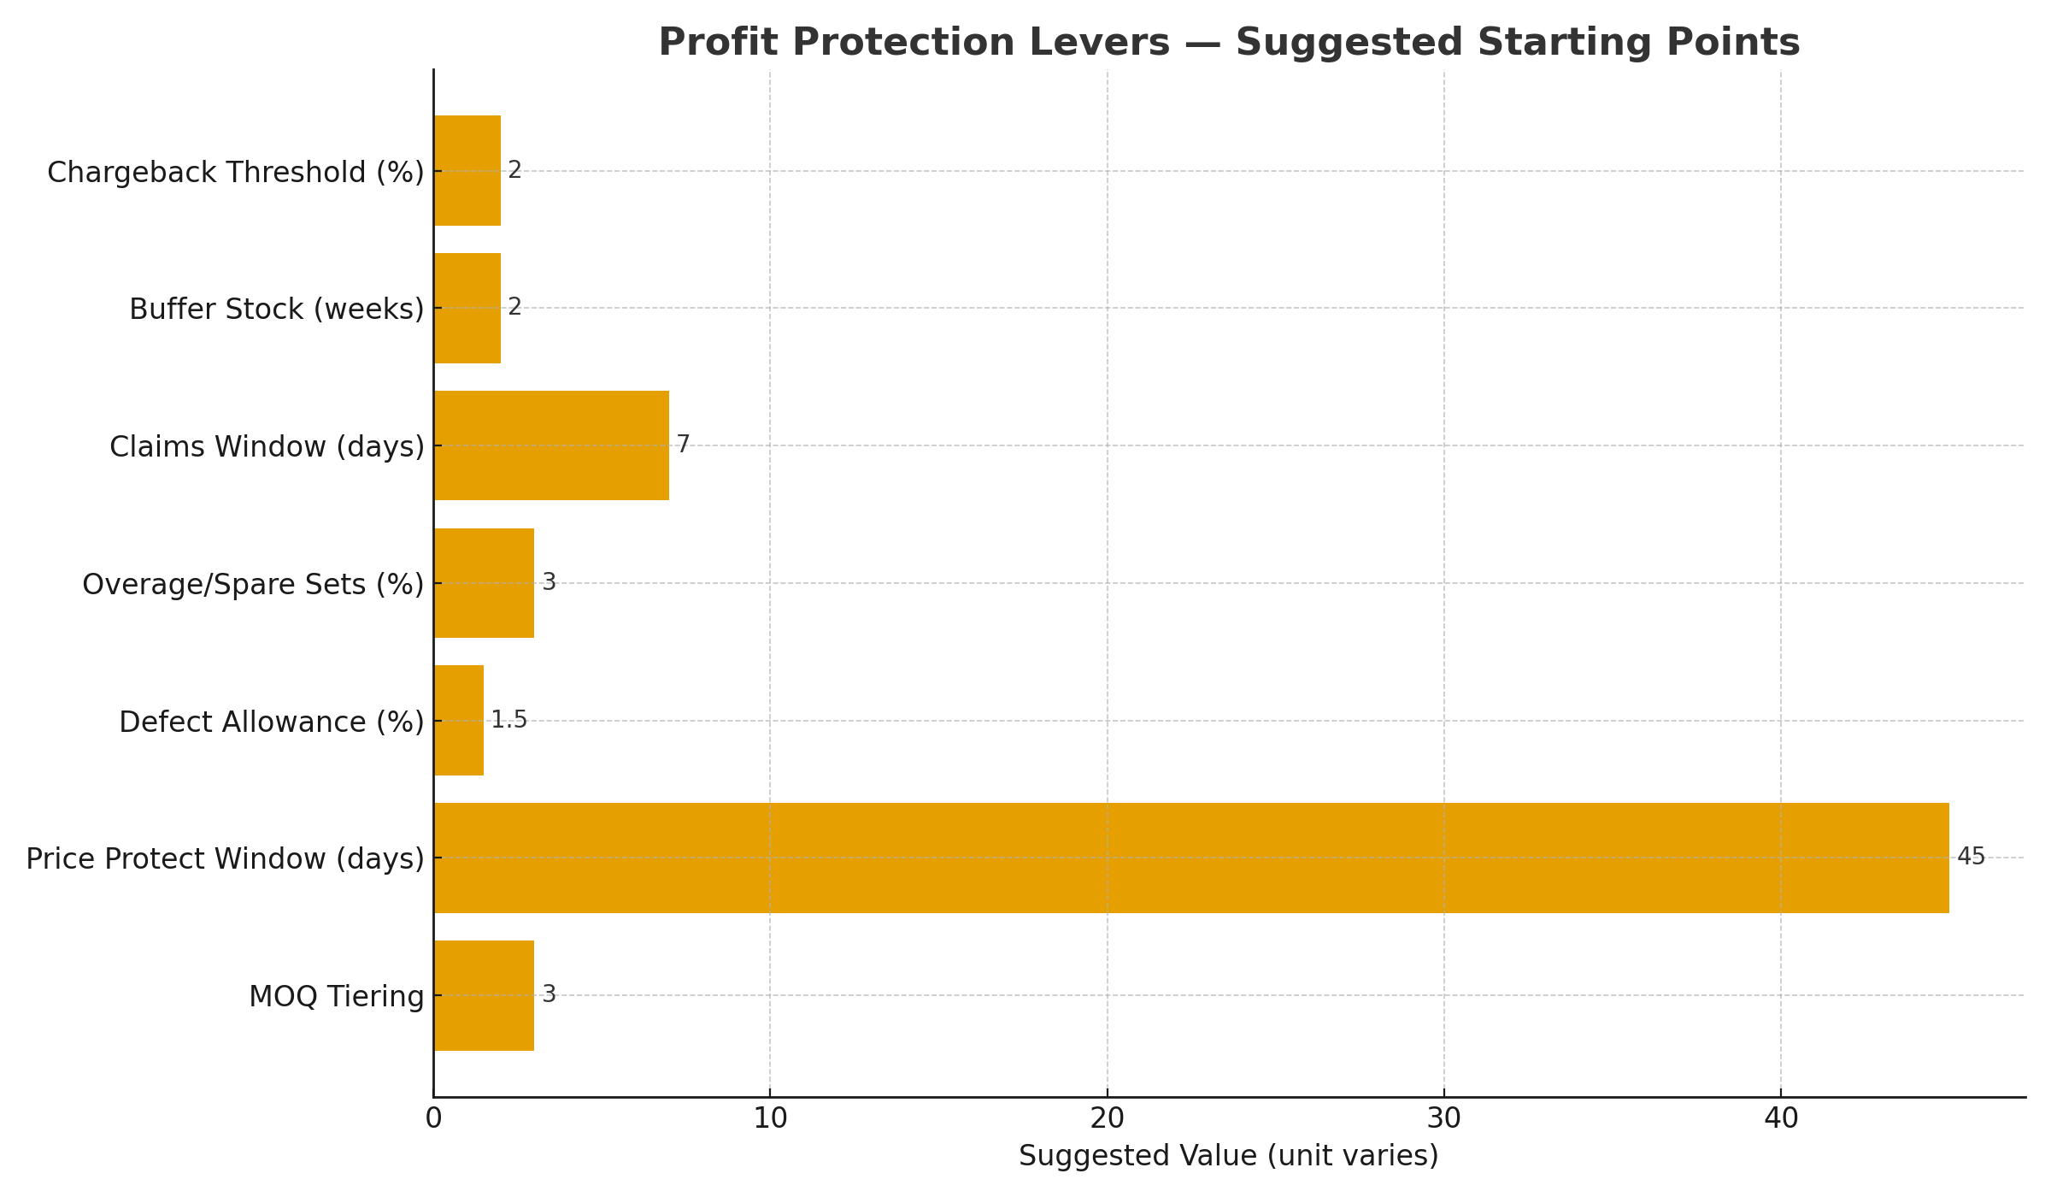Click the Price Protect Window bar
(1191, 858)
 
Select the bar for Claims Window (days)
(551, 445)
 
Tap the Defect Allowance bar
(459, 721)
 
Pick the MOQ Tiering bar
(484, 995)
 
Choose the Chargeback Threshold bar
(467, 171)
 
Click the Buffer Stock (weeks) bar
(467, 308)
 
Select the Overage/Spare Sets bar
(484, 583)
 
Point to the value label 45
(1971, 857)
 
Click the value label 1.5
(509, 720)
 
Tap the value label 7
(683, 445)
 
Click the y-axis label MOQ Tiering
(337, 997)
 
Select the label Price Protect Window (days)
(225, 859)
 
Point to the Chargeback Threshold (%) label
(236, 173)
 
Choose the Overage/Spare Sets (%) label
(253, 585)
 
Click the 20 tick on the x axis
(1107, 1119)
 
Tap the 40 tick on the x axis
(1781, 1119)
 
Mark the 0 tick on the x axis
(433, 1119)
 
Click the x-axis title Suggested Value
(1228, 1156)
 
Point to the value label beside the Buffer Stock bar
(514, 307)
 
